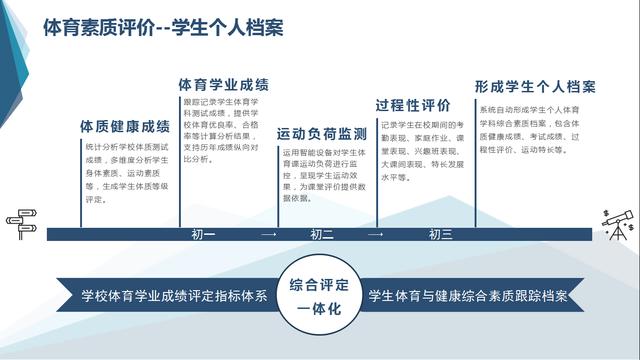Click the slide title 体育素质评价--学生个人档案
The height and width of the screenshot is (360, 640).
(163, 27)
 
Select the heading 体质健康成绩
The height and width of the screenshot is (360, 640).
(125, 127)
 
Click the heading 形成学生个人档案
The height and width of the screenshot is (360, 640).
(535, 86)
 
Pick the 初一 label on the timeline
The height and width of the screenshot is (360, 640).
(203, 235)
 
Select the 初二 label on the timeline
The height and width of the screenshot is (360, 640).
(322, 235)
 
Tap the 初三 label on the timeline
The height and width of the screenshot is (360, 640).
(440, 235)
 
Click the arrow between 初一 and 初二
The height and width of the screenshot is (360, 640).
(267, 235)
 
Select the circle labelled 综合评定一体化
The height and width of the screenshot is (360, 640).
(320, 297)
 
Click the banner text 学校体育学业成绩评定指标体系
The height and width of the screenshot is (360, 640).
(174, 297)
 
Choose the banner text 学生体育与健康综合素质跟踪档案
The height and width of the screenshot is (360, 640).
(468, 297)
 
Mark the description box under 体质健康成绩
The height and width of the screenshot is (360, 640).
(125, 172)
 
